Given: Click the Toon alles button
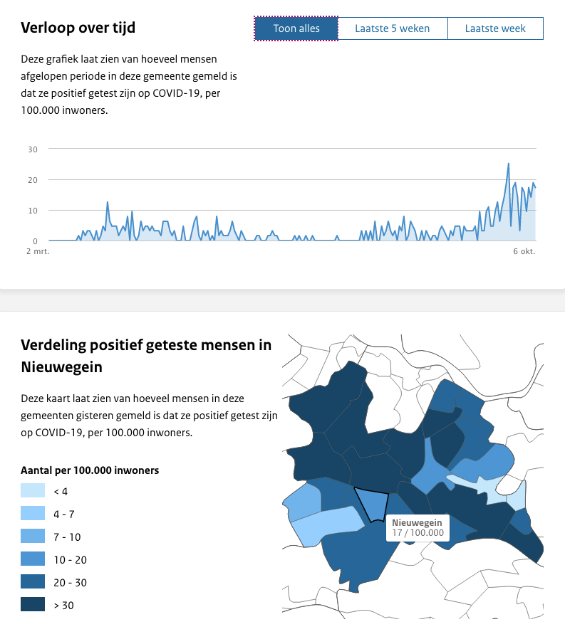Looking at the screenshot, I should pos(296,28).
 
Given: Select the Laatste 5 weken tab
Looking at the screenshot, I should pos(393,28).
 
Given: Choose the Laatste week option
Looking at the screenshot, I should pos(495,28).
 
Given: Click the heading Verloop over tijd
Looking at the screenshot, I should pos(78,28).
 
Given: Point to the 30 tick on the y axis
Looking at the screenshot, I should pos(33,149).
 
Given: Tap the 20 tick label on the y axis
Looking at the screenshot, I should pos(33,180).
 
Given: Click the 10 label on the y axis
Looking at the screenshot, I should pos(33,211).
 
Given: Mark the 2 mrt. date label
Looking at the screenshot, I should pos(38,252).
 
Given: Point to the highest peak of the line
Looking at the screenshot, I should pos(509,164).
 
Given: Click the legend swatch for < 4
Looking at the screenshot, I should pos(33,491).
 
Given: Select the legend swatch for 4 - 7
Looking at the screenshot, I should pos(33,514).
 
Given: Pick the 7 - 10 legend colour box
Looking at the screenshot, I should pos(33,537).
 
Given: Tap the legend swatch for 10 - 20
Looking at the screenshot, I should pos(33,559).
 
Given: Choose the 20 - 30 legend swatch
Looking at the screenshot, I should pos(33,582).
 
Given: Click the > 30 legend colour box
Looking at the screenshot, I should pos(33,605).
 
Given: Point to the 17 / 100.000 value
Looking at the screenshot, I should pos(418,533).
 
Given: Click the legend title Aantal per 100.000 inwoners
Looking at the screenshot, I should pos(90,470).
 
